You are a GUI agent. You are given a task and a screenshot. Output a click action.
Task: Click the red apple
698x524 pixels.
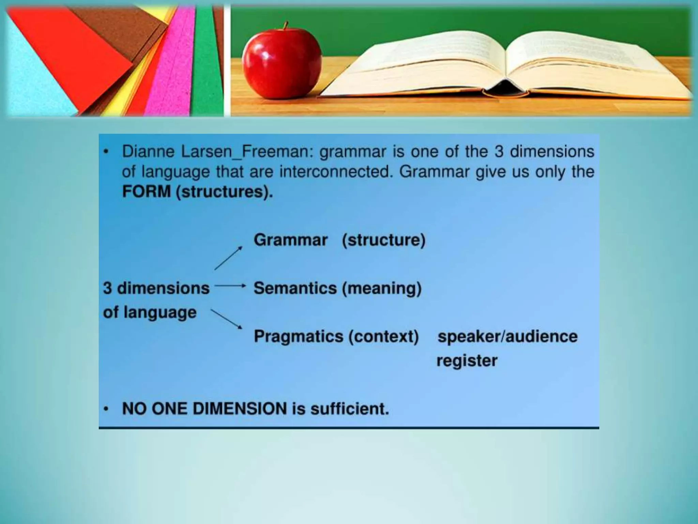(282, 63)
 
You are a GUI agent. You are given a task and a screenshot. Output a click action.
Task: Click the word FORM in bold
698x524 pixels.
(147, 191)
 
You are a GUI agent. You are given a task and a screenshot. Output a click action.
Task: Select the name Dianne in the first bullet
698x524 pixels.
(148, 151)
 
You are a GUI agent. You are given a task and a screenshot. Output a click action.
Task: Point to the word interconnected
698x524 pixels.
(334, 172)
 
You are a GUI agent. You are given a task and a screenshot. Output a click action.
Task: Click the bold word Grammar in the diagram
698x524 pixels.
(290, 240)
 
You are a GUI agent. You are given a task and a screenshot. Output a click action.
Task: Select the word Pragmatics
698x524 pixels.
(299, 336)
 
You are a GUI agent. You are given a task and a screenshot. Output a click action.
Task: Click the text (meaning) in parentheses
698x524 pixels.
(382, 288)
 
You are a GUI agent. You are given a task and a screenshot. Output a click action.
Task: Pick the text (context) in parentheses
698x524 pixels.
(383, 336)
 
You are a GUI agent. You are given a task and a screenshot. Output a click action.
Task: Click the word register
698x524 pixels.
(467, 361)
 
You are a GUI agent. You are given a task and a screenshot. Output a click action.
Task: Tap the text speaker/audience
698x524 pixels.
(507, 336)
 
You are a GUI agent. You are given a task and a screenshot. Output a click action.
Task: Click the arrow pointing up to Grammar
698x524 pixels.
(228, 258)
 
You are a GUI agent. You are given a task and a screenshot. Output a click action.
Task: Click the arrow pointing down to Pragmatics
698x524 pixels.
(226, 319)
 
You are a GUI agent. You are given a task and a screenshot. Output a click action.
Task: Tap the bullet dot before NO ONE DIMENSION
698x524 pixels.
(107, 408)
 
